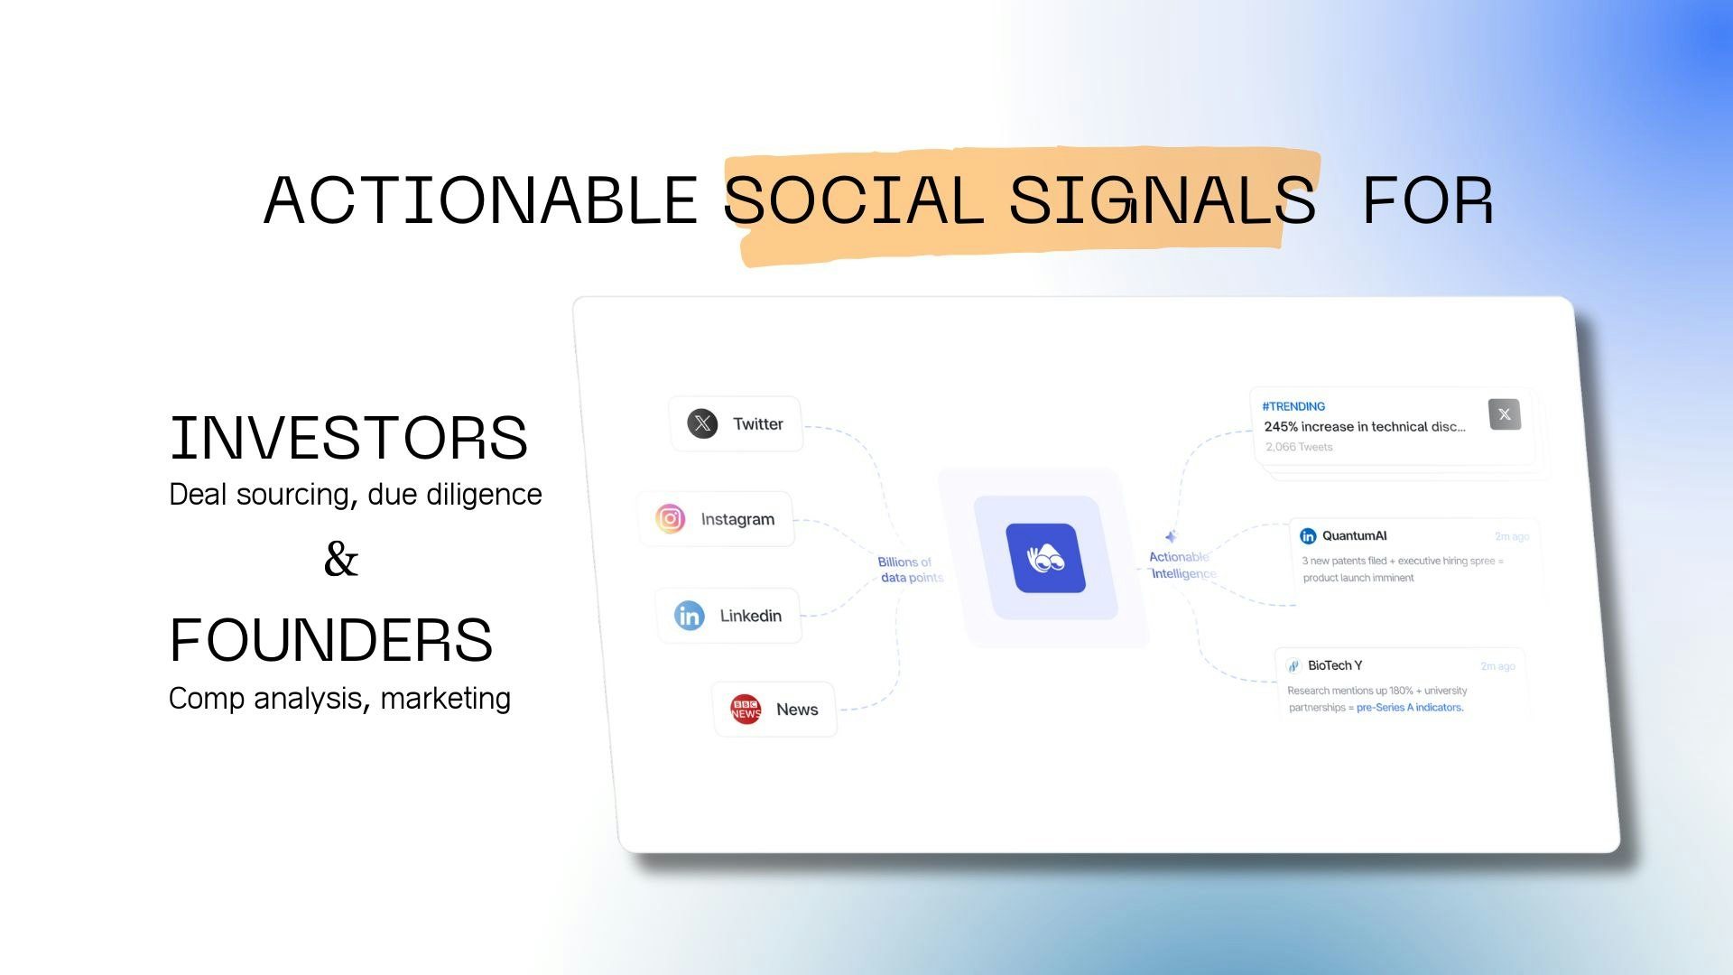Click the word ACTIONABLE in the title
[x=480, y=200]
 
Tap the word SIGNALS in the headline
[x=1162, y=200]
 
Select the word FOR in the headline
[x=1428, y=200]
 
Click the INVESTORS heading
[x=348, y=438]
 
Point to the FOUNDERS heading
[x=330, y=640]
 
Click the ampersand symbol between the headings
[x=341, y=559]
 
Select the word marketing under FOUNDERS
[x=445, y=698]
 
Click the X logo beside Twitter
[x=702, y=423]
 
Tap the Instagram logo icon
[x=670, y=518]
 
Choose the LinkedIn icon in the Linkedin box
[x=689, y=616]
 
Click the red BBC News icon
[x=746, y=710]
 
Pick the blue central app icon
[x=1045, y=558]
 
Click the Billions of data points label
[x=909, y=570]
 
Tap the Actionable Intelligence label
[x=1182, y=565]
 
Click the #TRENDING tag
[x=1293, y=406]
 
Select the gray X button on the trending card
[x=1504, y=414]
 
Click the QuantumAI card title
[x=1354, y=535]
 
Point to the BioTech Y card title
[x=1335, y=665]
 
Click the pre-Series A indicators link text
[x=1410, y=708]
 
